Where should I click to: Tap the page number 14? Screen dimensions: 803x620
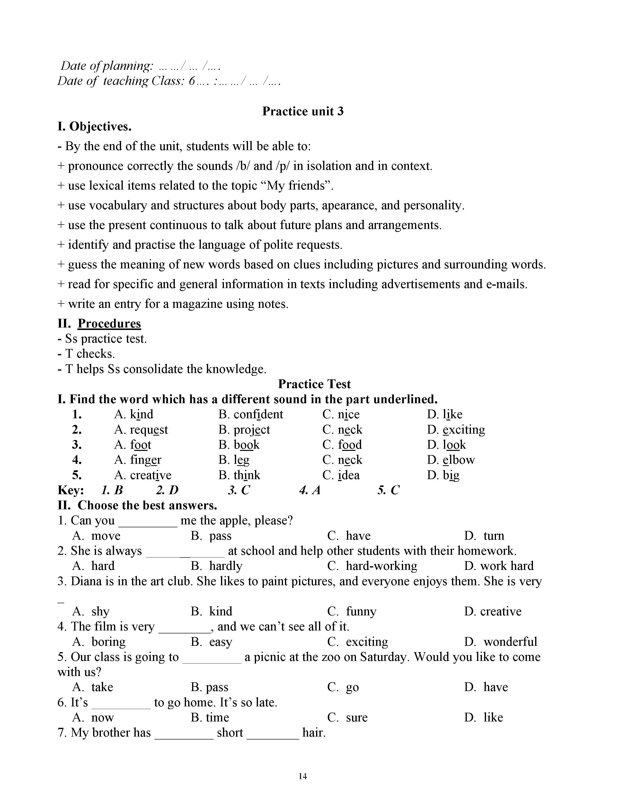[x=303, y=776]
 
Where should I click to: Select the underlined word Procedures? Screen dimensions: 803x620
[x=109, y=324]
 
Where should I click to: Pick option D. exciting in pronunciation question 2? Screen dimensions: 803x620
[x=456, y=430]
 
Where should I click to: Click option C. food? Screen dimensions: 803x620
[x=342, y=445]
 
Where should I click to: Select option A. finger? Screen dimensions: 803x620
[x=138, y=460]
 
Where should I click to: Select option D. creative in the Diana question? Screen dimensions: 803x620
[x=493, y=611]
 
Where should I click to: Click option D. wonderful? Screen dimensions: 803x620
[x=500, y=642]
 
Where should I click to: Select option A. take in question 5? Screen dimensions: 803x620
[x=93, y=687]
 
